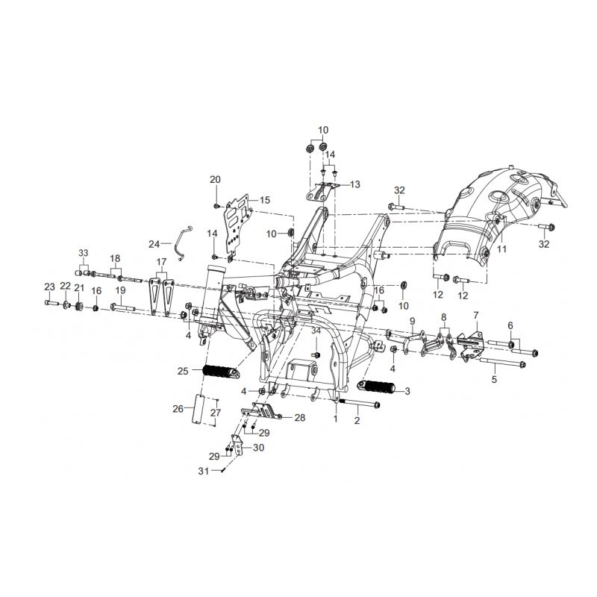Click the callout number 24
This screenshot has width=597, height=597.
pos(154,244)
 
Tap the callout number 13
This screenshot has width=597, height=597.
pos(354,184)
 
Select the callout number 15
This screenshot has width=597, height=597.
pos(265,200)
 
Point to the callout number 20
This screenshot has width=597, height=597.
pos(215,179)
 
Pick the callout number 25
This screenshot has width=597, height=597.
pos(182,371)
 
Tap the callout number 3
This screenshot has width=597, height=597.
pos(407,390)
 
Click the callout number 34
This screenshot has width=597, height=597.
pos(316,331)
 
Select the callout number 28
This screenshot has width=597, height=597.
pos(300,418)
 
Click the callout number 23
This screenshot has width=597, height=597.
pos(49,287)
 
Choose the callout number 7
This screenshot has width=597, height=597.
pos(475,315)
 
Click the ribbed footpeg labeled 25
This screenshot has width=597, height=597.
pos(220,371)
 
